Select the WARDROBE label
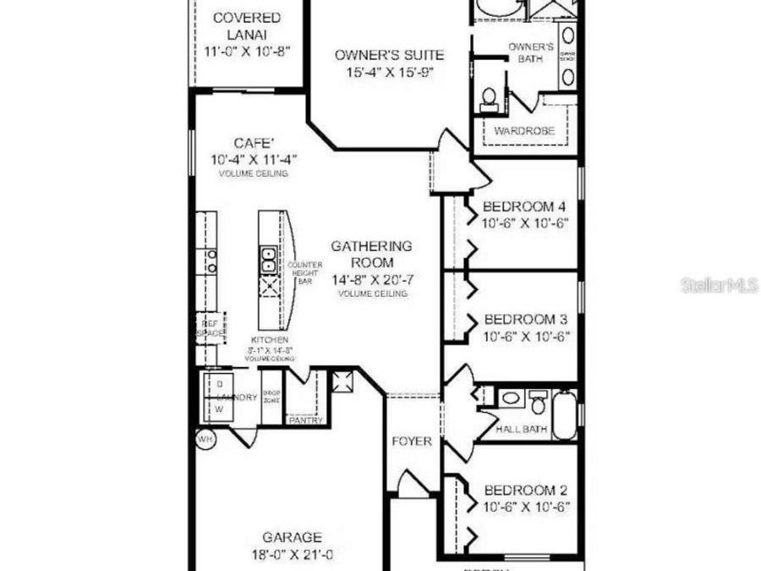(x=524, y=131)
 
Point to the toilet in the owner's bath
(x=487, y=102)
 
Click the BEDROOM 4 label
(x=523, y=206)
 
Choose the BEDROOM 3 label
(x=524, y=320)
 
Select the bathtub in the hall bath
(x=563, y=413)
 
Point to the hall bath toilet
(x=536, y=399)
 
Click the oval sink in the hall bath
(x=510, y=398)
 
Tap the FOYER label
(x=412, y=442)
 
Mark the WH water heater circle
(x=205, y=440)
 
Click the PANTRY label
(x=302, y=420)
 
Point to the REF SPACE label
(x=210, y=328)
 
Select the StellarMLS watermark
(x=720, y=285)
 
